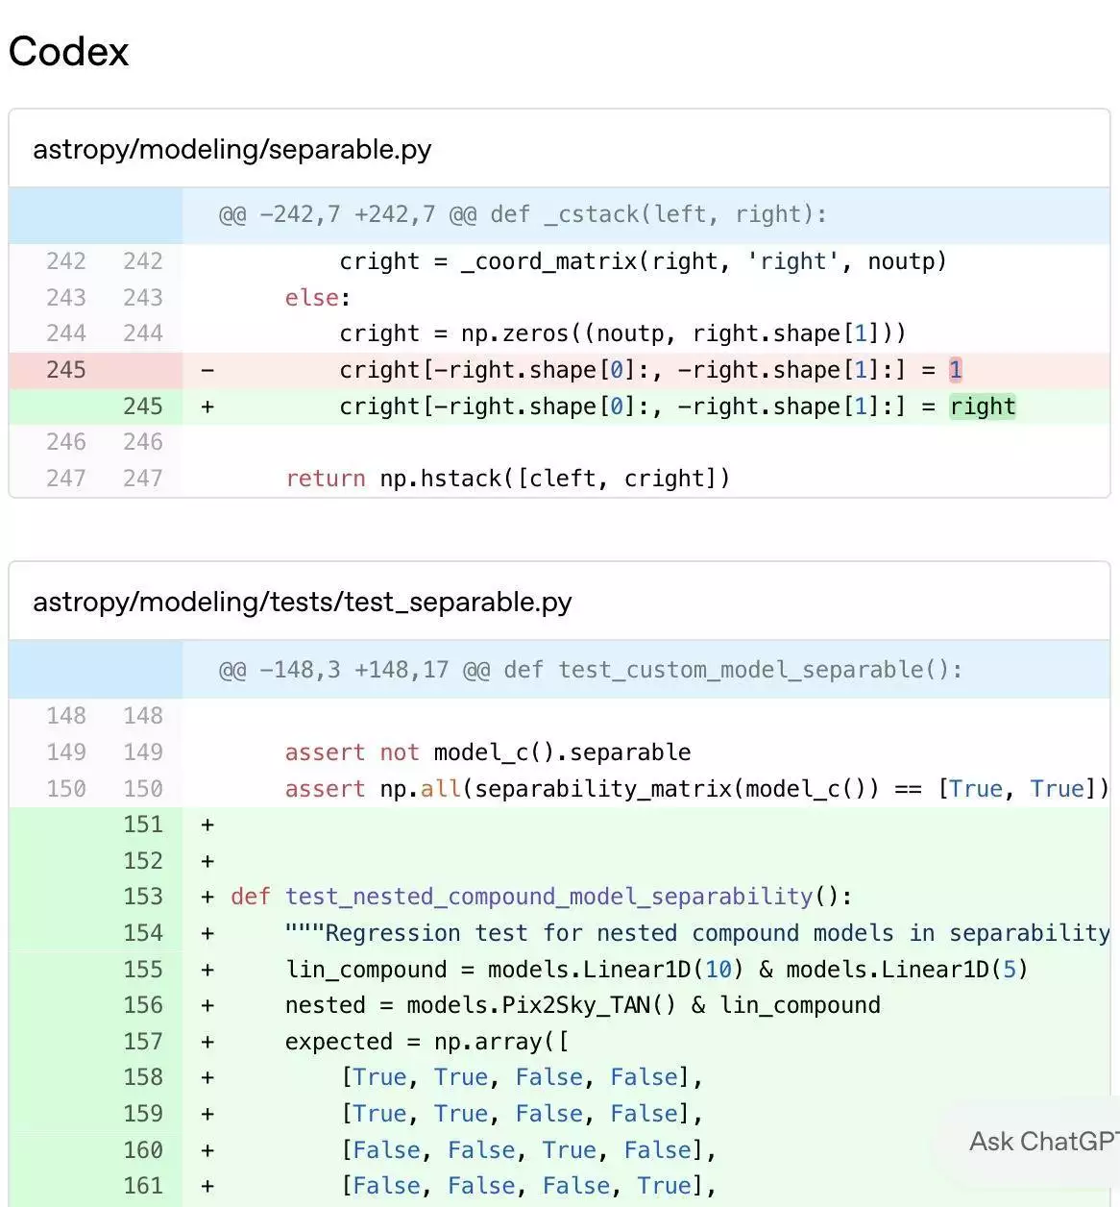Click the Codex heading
68,51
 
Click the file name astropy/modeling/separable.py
232,150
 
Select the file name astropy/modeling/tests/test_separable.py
302,603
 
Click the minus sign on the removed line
207,370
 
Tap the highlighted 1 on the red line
956,370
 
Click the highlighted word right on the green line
983,406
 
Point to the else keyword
311,298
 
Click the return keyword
325,479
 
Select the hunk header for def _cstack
523,214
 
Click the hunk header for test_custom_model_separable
591,670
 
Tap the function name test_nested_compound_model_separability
548,897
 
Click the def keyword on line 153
251,897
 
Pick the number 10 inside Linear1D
718,970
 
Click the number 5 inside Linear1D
1009,970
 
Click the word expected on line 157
338,1042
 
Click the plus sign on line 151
207,825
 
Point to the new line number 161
143,1186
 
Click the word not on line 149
400,752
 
